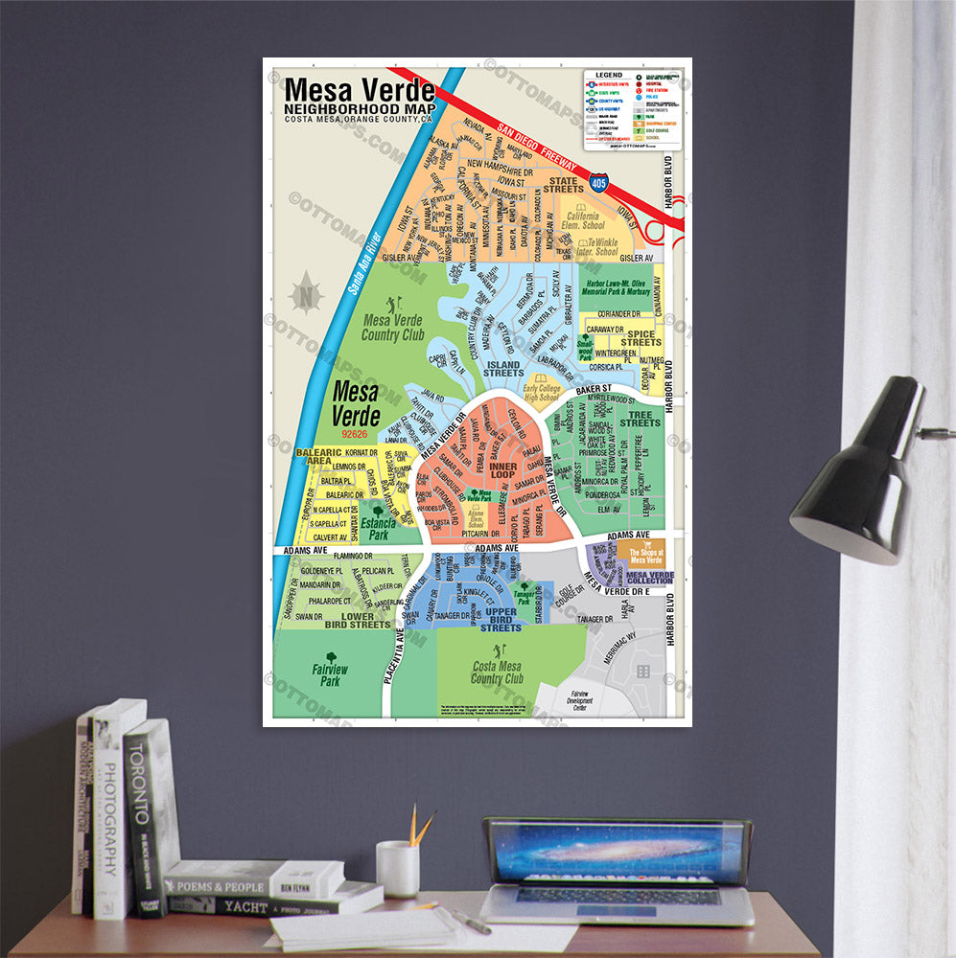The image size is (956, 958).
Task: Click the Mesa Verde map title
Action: (360, 91)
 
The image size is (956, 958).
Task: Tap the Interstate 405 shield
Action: (598, 181)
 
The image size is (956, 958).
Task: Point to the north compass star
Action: (306, 293)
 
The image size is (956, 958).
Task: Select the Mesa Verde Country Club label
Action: (393, 327)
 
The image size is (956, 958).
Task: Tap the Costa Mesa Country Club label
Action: (497, 672)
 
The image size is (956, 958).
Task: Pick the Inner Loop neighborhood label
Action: (503, 469)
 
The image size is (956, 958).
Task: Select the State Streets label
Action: (563, 184)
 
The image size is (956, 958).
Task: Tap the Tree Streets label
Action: (640, 420)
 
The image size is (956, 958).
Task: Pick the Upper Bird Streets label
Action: (501, 620)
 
